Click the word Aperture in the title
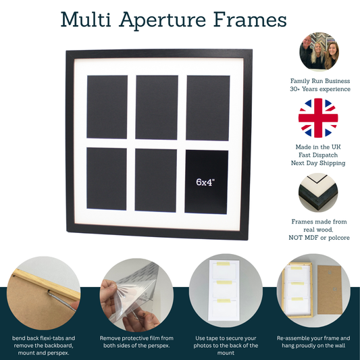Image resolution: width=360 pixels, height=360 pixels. (x=162, y=20)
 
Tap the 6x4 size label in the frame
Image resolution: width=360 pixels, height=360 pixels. (x=205, y=182)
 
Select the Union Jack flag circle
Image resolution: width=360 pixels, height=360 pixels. (x=318, y=118)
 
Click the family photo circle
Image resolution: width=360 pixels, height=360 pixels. (x=319, y=51)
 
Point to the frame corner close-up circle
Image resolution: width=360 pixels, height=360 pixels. (x=318, y=192)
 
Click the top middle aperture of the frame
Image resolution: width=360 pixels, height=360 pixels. (x=157, y=107)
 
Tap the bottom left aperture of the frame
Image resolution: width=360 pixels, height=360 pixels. (x=107, y=178)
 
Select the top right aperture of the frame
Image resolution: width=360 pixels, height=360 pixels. (x=208, y=108)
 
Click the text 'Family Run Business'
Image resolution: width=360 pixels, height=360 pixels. (x=320, y=81)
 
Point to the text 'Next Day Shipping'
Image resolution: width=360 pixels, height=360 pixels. (x=318, y=163)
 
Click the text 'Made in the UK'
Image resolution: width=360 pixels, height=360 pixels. (x=318, y=147)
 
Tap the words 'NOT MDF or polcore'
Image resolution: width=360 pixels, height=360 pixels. (x=319, y=238)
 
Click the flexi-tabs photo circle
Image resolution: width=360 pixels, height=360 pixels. (x=43, y=293)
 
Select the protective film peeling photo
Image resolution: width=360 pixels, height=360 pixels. (x=136, y=295)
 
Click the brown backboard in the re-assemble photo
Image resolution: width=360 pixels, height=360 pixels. (x=330, y=290)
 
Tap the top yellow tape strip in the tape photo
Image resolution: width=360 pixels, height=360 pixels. (x=223, y=264)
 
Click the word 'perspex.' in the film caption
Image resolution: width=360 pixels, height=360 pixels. (x=159, y=346)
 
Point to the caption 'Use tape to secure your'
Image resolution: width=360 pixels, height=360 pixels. (x=226, y=338)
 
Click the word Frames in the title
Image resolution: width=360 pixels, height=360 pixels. (x=250, y=20)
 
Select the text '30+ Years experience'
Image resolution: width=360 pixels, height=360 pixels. (x=320, y=89)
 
